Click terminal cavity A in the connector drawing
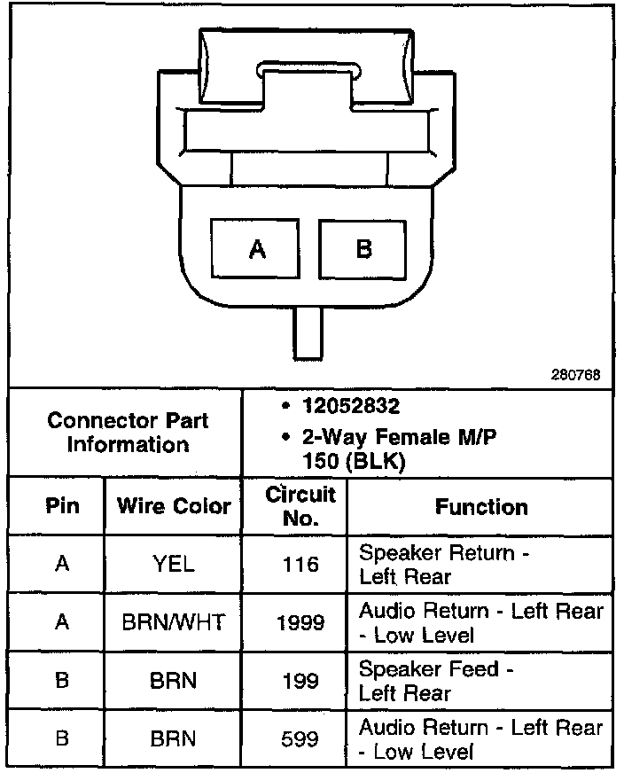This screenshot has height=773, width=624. [x=257, y=249]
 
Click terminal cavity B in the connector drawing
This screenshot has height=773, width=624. [x=363, y=249]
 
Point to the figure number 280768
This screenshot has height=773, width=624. [x=575, y=375]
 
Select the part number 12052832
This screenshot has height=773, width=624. [x=352, y=407]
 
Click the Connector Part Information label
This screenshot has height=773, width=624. [x=127, y=432]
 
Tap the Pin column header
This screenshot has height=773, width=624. [x=61, y=506]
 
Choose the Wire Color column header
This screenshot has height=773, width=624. [x=174, y=506]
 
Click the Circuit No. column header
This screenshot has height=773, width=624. [x=300, y=505]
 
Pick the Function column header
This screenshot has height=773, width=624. [x=481, y=507]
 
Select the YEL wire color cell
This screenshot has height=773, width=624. [x=174, y=565]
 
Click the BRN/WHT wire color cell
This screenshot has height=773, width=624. [x=174, y=622]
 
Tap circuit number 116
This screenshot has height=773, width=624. [x=300, y=565]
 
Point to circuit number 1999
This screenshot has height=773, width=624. [x=300, y=622]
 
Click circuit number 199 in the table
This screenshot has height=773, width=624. [x=300, y=681]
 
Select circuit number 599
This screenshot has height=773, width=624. [x=300, y=738]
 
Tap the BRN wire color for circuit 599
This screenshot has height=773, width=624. [x=174, y=738]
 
